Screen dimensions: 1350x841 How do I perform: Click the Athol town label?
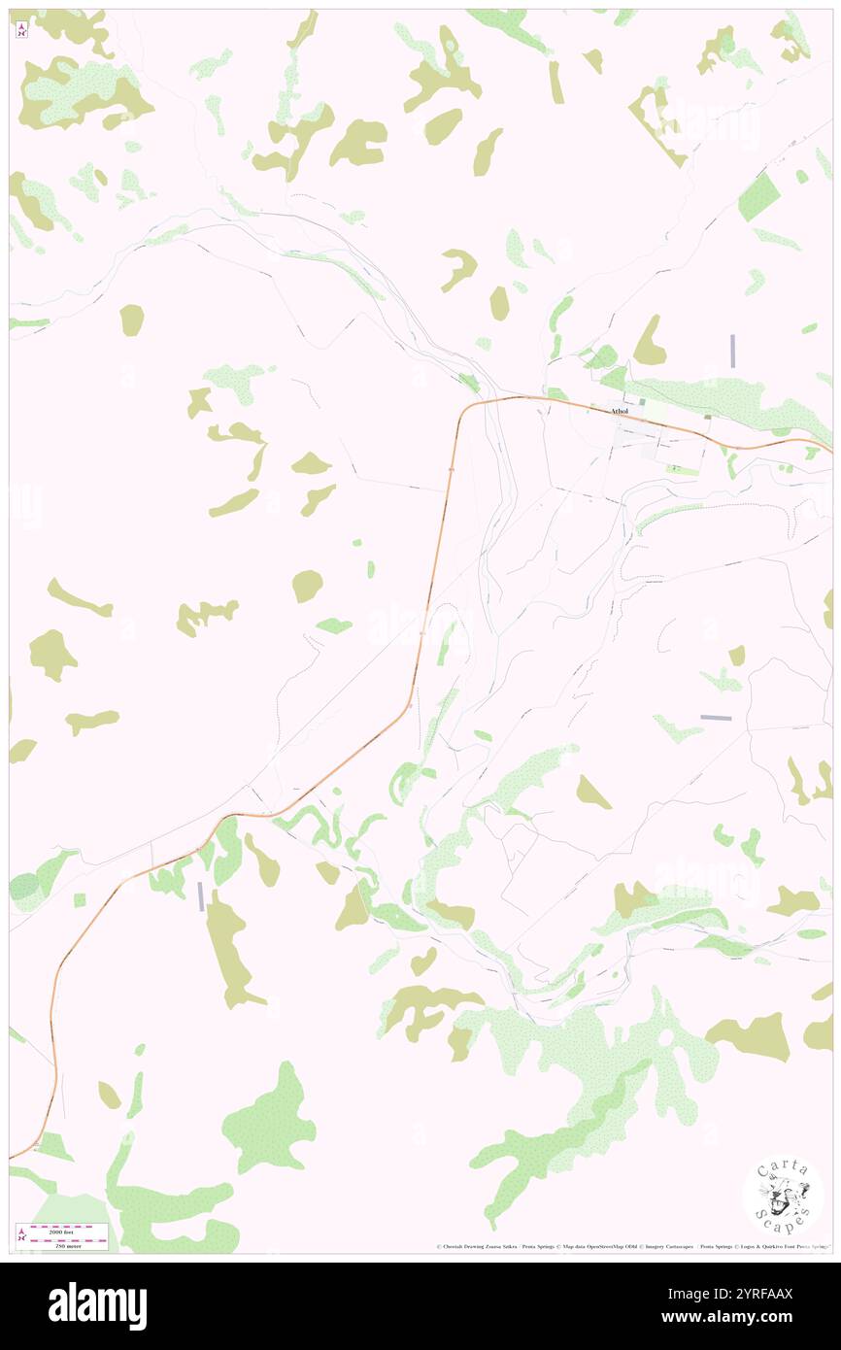[620, 411]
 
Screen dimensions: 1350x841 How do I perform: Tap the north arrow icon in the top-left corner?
[22, 30]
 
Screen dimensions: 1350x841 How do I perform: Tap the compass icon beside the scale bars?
[22, 1234]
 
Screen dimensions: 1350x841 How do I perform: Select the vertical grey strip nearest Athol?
[732, 351]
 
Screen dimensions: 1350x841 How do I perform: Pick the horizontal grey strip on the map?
[715, 718]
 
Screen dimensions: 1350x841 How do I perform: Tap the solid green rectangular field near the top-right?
[758, 197]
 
